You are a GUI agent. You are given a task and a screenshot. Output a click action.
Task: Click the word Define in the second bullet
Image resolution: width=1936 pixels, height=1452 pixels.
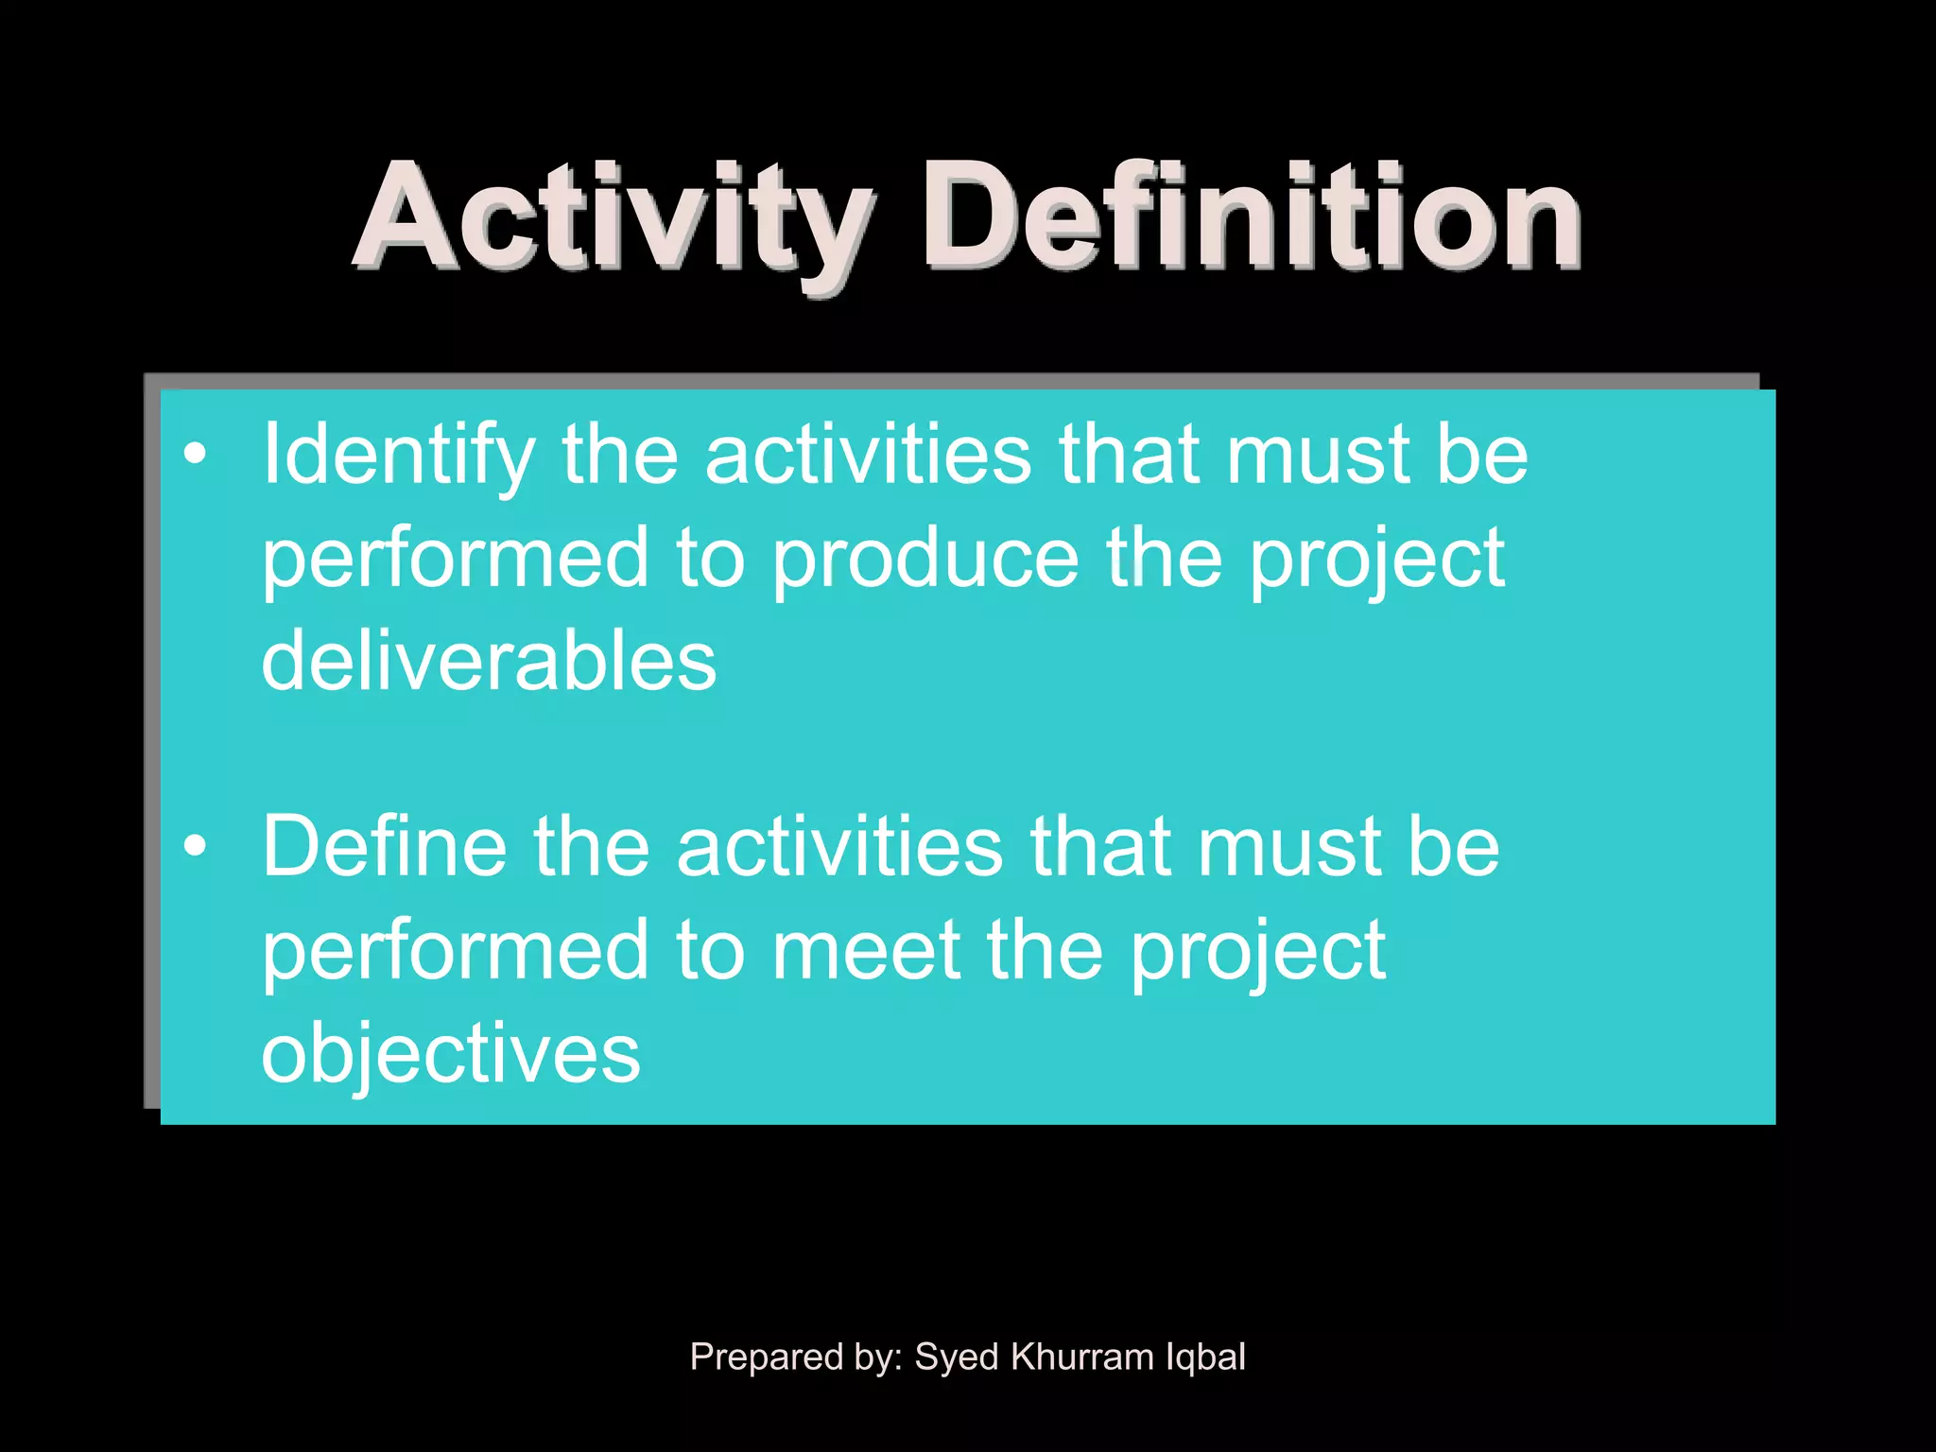pyautogui.click(x=384, y=847)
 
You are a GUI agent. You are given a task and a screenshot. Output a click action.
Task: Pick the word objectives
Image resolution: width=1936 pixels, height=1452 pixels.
pyautogui.click(x=451, y=1053)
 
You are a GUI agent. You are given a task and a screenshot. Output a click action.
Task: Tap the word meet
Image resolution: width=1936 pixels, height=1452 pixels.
pyautogui.click(x=867, y=950)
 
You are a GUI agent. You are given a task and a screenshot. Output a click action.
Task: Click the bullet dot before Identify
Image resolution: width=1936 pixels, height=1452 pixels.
pyautogui.click(x=195, y=455)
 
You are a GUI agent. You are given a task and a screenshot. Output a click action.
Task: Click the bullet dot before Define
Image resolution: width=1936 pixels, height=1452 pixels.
pyautogui.click(x=195, y=845)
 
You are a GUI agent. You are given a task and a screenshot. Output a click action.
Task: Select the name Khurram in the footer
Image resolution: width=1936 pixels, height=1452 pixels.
pyautogui.click(x=1082, y=1357)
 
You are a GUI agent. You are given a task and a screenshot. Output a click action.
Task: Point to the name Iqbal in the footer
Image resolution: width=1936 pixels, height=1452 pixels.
pyautogui.click(x=1205, y=1357)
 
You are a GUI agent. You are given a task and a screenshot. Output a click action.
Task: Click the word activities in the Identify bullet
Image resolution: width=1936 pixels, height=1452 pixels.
pyautogui.click(x=868, y=456)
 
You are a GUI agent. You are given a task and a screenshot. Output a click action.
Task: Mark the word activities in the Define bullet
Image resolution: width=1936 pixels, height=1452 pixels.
pyautogui.click(x=839, y=847)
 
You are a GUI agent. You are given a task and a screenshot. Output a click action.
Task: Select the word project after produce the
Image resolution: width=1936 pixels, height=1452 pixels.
pyautogui.click(x=1377, y=560)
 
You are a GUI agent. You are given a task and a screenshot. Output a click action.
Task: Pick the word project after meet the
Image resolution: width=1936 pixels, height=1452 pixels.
pyautogui.click(x=1258, y=951)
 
